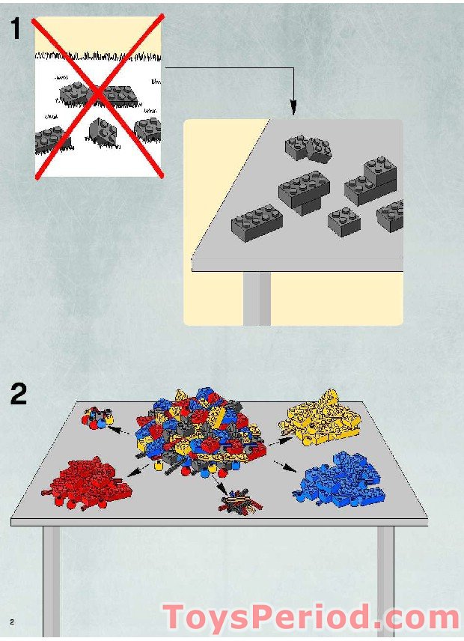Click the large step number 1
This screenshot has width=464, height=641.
pos(16,28)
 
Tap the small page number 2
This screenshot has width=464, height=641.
pos(12,622)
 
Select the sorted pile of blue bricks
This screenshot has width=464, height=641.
pos(339,479)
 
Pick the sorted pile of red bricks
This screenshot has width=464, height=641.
pos(87,482)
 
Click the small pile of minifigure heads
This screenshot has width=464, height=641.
pos(98,417)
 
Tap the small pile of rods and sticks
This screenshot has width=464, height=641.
pos(241,501)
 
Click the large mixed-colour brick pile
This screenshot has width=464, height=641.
pos(200,434)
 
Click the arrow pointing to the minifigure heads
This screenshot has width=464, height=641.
pos(119,430)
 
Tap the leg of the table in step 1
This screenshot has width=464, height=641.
pos(257,299)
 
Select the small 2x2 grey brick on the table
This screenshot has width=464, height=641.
pos(344,222)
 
